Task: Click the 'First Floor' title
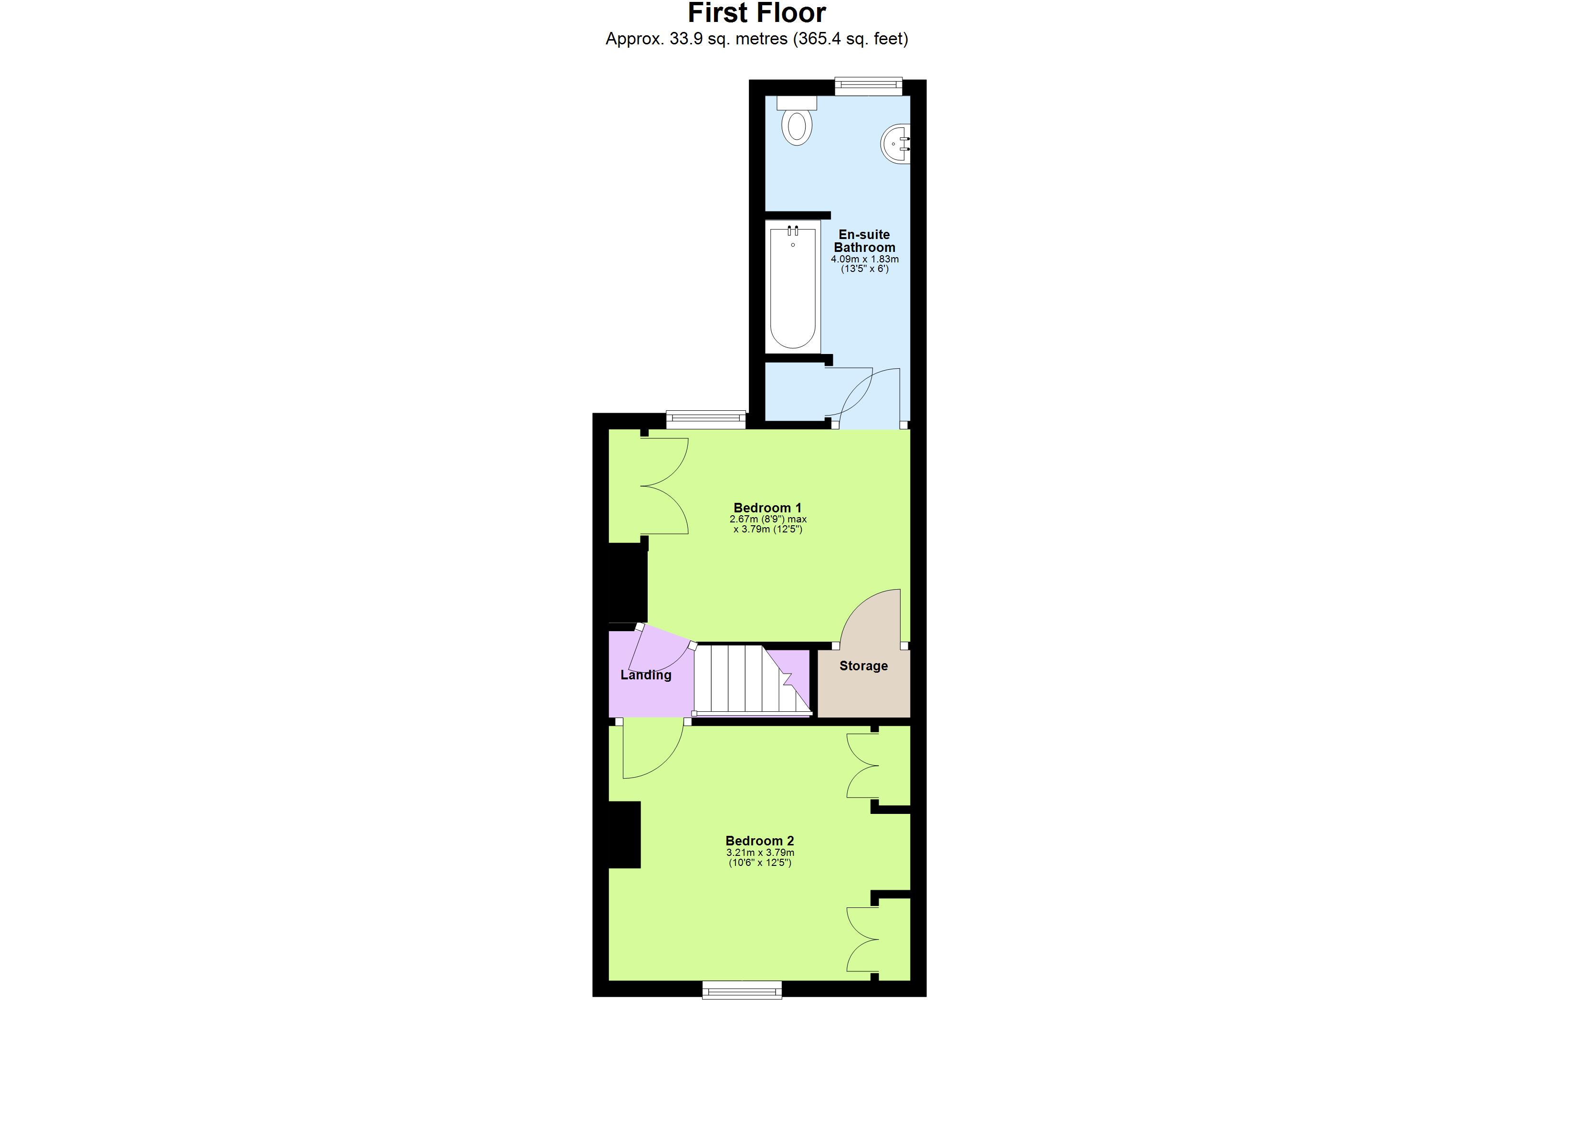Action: tap(756, 13)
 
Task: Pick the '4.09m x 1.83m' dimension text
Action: tap(865, 259)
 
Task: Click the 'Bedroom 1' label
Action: tap(767, 508)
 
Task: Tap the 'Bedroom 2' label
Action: tap(760, 841)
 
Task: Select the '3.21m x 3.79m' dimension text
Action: tap(760, 853)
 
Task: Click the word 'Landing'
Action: tap(646, 675)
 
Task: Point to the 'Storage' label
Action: tap(863, 666)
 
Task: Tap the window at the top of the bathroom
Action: tap(868, 87)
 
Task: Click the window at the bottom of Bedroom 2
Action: tap(742, 989)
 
